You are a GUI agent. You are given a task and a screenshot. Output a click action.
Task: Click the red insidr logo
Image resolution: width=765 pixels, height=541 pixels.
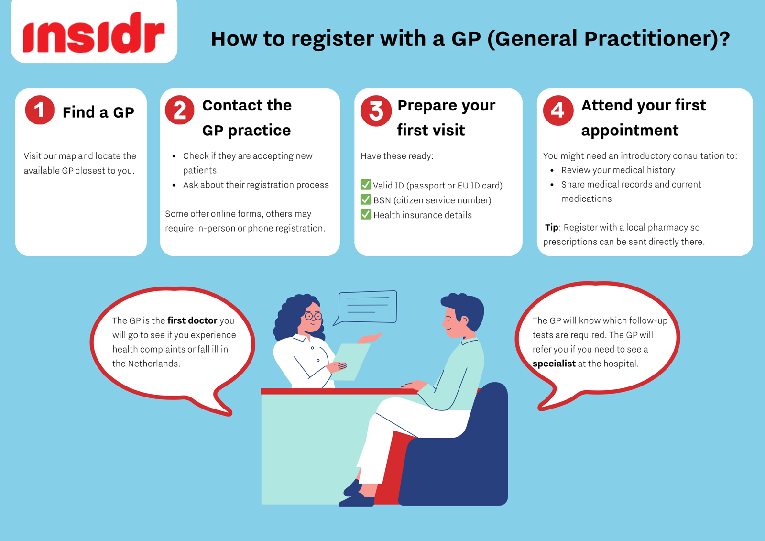click(94, 33)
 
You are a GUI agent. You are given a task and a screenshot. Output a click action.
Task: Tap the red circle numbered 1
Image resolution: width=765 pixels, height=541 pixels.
click(40, 110)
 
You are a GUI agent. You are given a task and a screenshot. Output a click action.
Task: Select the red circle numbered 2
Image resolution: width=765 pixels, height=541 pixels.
click(180, 110)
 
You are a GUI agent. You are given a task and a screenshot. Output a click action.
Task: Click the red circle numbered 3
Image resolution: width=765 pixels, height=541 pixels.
click(376, 110)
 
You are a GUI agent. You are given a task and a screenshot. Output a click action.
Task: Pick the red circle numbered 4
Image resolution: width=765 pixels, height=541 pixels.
click(558, 110)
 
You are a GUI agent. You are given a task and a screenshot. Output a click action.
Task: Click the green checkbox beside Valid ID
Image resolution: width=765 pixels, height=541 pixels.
click(366, 185)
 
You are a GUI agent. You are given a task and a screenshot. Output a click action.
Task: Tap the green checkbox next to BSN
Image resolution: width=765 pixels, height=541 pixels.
click(366, 199)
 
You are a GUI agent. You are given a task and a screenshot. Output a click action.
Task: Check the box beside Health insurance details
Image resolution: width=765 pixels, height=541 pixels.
click(366, 214)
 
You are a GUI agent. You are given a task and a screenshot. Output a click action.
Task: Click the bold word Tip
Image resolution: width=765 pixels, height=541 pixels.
click(552, 227)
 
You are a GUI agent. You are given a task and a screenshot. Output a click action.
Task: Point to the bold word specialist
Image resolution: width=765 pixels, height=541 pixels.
click(554, 364)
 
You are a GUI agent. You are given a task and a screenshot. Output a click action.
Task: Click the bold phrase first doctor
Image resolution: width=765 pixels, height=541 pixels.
click(192, 320)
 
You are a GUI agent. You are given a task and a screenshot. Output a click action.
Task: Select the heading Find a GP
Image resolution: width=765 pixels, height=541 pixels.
click(98, 112)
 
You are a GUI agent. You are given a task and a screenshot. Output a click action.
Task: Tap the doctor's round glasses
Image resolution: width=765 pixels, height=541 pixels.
click(313, 316)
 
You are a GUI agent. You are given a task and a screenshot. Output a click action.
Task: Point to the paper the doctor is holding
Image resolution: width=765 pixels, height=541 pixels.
click(350, 362)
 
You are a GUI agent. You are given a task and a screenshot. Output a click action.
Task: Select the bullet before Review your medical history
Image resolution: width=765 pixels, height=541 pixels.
click(552, 170)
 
